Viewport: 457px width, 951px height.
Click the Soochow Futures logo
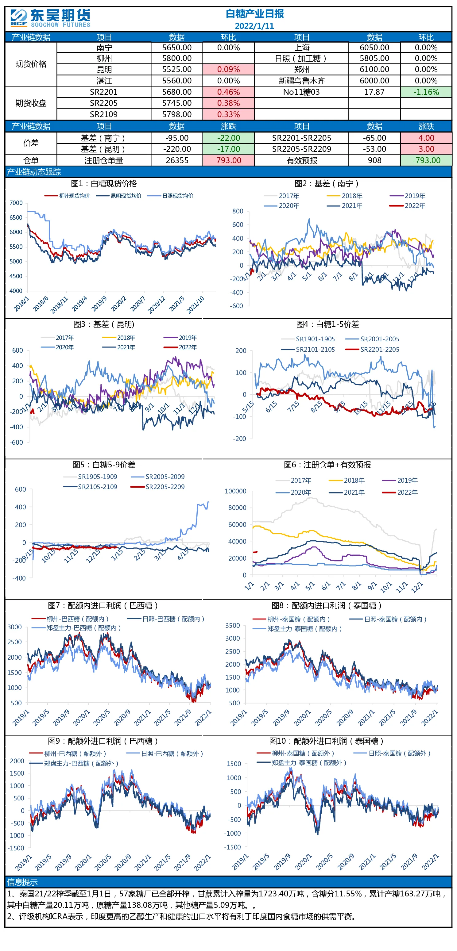(50, 18)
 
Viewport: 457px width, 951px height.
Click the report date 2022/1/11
(254, 26)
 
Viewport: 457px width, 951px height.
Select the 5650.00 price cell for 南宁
(177, 48)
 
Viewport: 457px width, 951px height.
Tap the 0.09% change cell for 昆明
(228, 69)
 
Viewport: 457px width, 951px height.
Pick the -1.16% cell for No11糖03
(426, 92)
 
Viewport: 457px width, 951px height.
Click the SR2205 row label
(104, 103)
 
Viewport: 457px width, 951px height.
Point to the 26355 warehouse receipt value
(177, 160)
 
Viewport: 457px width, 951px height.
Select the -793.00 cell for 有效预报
(426, 160)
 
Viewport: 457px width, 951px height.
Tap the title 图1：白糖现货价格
(104, 183)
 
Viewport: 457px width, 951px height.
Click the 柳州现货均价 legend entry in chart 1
(67, 196)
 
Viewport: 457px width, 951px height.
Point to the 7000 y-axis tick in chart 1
(16, 203)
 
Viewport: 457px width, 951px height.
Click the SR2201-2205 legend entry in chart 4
(372, 349)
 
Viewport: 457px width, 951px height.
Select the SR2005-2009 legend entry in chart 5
(157, 477)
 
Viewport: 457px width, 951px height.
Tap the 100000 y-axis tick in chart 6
(235, 491)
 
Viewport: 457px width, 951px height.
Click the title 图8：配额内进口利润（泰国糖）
(327, 605)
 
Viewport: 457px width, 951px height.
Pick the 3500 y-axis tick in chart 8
(233, 625)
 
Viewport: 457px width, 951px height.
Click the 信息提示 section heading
(22, 882)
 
